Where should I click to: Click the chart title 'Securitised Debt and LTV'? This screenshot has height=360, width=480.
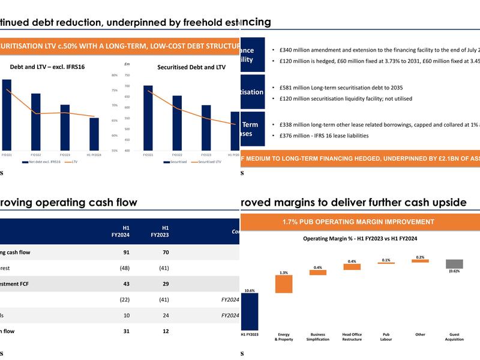click(191, 67)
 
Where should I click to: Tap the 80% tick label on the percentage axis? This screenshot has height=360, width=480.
click(114, 75)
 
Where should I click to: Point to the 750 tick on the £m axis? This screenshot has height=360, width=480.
click(127, 75)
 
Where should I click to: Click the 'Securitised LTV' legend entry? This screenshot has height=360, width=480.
click(206, 161)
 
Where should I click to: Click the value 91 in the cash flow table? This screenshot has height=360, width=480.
click(126, 252)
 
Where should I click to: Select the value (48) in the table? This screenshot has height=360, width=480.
click(124, 268)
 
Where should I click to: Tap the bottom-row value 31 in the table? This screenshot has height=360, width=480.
click(126, 331)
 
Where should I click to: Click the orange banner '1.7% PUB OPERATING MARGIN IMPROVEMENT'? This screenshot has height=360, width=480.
click(358, 221)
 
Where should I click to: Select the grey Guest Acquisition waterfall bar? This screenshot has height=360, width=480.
click(454, 264)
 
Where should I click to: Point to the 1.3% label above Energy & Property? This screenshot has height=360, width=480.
click(283, 272)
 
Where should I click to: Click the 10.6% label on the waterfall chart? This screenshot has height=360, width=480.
click(249, 290)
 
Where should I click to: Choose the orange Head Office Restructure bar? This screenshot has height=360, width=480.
click(352, 267)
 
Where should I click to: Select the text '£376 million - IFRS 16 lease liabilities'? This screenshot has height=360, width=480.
click(328, 136)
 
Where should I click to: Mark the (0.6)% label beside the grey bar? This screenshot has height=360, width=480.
click(454, 271)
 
